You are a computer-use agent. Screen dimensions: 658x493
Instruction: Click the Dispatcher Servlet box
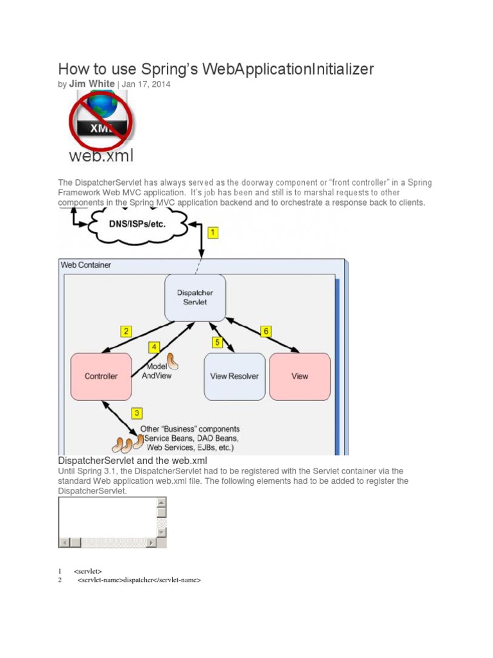[195, 298]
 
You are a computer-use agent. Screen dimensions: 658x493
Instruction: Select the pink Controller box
[101, 376]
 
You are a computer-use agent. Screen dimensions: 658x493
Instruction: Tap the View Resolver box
[234, 376]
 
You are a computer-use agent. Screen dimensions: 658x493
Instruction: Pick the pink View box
[300, 376]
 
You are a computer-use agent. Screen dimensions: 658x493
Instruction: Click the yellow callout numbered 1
[213, 233]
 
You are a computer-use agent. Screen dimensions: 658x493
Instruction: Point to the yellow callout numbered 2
[126, 332]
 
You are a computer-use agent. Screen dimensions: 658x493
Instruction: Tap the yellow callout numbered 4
[154, 348]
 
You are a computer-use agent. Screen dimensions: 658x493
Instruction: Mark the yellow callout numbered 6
[265, 332]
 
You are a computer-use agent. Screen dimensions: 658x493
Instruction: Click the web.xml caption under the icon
[101, 156]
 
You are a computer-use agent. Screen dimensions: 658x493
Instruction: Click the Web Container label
[85, 264]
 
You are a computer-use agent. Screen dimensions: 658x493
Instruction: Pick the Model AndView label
[157, 371]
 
